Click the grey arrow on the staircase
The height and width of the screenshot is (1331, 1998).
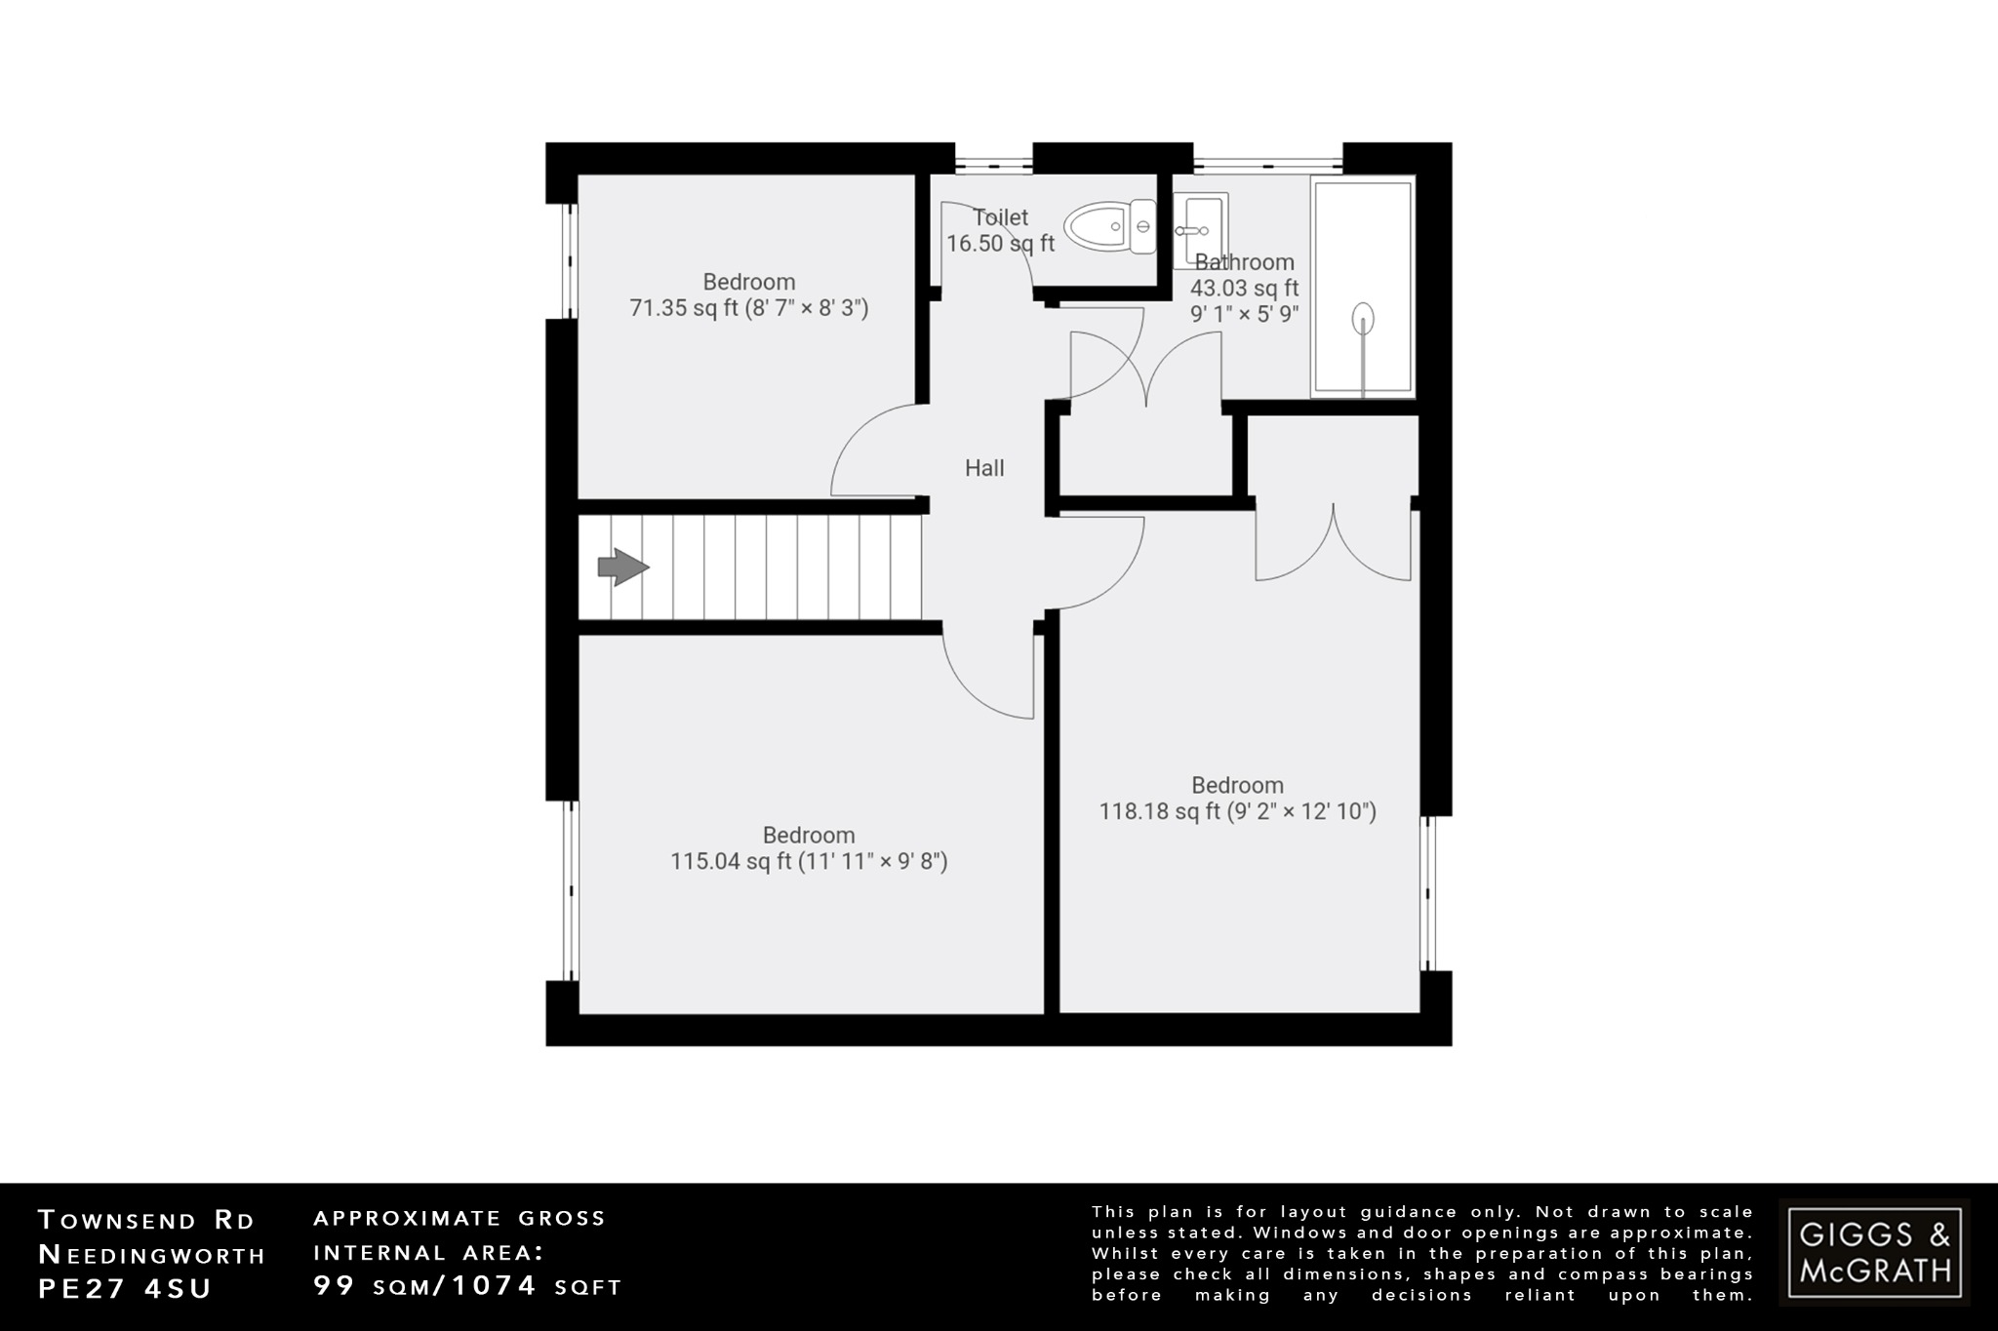(622, 567)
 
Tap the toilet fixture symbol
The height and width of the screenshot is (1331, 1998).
(1110, 227)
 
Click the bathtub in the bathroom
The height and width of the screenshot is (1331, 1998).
(1362, 288)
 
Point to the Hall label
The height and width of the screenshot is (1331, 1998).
(984, 468)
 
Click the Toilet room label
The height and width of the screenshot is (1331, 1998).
(1000, 217)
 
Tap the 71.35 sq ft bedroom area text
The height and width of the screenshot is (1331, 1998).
(749, 308)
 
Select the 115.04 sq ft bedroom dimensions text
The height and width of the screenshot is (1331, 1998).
(809, 862)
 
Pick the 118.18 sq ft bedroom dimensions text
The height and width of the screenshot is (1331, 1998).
(1237, 811)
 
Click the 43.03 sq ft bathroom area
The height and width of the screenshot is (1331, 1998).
(1244, 289)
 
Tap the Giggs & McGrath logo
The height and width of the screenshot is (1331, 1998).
(1874, 1252)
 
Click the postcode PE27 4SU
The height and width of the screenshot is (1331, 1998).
(125, 1288)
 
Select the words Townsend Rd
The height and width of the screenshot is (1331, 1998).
(146, 1220)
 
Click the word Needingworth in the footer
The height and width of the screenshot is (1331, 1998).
(151, 1254)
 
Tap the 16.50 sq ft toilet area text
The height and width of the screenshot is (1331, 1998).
(1000, 244)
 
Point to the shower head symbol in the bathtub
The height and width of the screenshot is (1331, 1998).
(1363, 319)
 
